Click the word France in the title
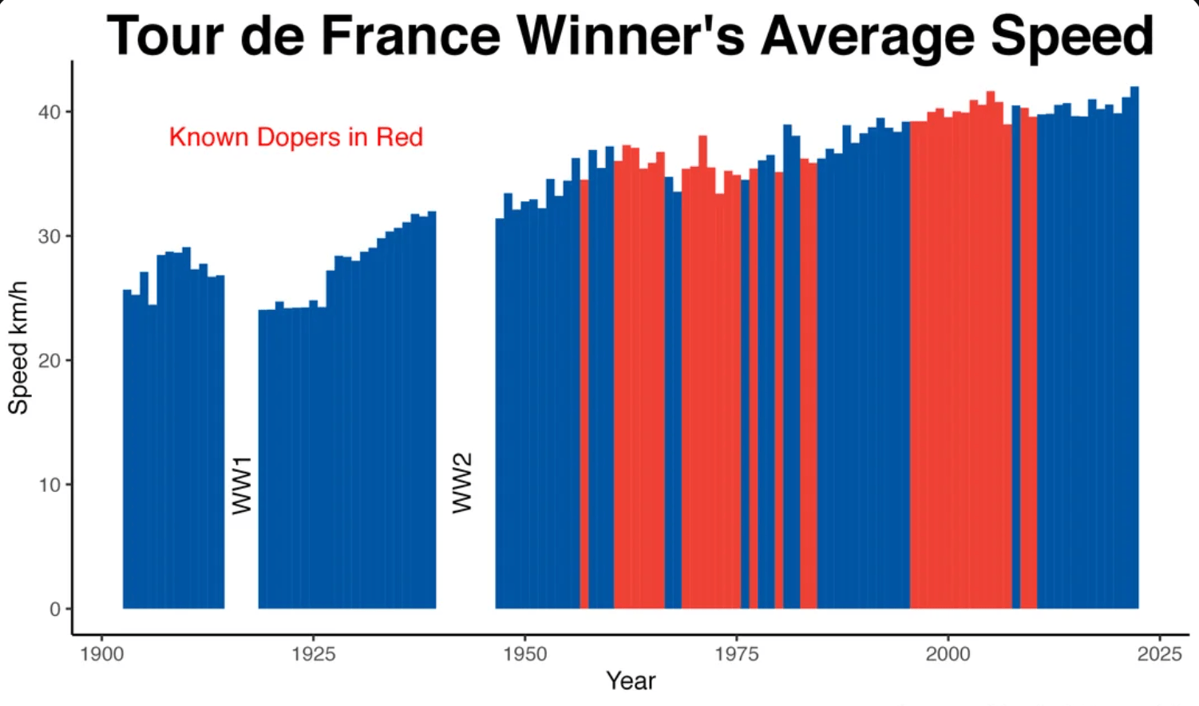[410, 36]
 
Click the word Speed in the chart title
[1071, 36]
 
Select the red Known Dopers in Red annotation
[295, 137]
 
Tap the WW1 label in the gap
[242, 485]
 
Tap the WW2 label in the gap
[462, 482]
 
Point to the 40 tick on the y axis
[49, 112]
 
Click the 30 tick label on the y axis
[49, 236]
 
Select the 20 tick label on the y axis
[49, 360]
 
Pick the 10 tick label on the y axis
[49, 485]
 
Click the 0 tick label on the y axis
[54, 609]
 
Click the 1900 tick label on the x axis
[101, 654]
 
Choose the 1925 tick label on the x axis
[313, 654]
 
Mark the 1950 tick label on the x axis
[524, 654]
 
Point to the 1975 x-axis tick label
[736, 654]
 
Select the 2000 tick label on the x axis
[948, 654]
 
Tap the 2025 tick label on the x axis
[1159, 654]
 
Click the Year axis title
[631, 680]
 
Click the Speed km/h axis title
[18, 347]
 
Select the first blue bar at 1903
[127, 447]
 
